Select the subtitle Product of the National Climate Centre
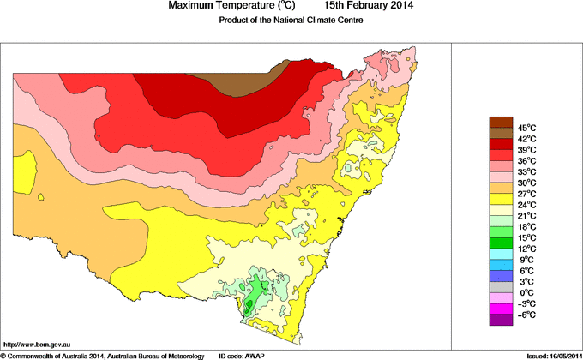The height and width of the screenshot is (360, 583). click(291, 21)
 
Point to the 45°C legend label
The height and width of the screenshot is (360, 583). click(526, 128)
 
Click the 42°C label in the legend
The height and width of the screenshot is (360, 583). click(526, 139)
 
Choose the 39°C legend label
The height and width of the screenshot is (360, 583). click(526, 150)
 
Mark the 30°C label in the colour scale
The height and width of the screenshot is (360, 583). click(526, 183)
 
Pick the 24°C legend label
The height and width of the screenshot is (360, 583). click(526, 205)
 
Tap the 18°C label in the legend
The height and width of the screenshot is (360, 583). click(526, 226)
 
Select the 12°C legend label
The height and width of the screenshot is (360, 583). click(526, 249)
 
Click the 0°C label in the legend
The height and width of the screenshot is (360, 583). click(526, 292)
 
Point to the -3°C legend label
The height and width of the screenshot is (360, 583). click(526, 303)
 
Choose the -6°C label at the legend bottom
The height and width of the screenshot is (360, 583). click(526, 315)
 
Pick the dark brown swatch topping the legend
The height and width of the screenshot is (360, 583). click(501, 122)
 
